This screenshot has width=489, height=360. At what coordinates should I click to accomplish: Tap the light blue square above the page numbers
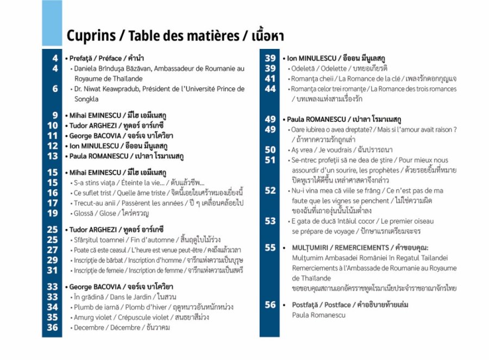(x=52, y=23)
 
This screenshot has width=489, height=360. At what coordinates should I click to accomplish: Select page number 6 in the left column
(x=55, y=89)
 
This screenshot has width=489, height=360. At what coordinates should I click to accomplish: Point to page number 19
(x=52, y=213)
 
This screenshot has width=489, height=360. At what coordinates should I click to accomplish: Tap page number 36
(x=52, y=327)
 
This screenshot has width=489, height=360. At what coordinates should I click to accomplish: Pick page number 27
(x=52, y=250)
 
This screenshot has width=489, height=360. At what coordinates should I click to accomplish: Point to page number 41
(x=271, y=78)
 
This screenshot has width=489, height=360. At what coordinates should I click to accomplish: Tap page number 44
(x=271, y=89)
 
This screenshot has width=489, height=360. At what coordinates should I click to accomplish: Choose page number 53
(x=271, y=221)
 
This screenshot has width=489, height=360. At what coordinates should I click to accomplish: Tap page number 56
(x=271, y=305)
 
